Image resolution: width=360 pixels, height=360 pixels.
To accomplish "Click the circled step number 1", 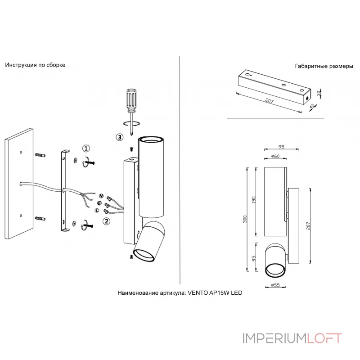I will (86, 148).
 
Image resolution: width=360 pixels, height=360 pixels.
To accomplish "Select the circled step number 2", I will (106, 220).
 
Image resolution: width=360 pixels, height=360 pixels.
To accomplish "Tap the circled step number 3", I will (119, 137).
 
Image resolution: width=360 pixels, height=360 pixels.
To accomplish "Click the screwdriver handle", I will (131, 99).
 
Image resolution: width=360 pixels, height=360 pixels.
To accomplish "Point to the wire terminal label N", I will (101, 197).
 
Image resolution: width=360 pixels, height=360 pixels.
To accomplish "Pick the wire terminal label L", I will (97, 210).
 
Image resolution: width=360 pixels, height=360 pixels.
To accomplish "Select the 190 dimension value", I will (254, 201).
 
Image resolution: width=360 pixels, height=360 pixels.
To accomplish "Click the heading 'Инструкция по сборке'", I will (35, 65).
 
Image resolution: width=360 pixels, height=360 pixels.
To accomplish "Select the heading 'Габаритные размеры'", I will (324, 66).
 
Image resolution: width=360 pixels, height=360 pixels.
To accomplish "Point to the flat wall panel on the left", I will (19, 184).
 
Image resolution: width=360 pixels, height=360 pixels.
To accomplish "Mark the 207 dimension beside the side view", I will (309, 225).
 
